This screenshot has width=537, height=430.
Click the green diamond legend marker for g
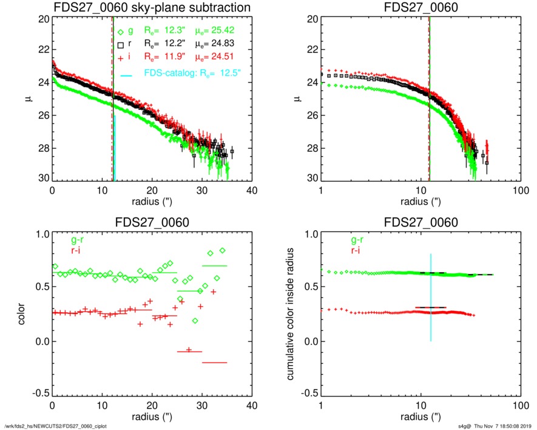point(121,32)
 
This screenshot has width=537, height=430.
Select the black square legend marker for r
point(121,44)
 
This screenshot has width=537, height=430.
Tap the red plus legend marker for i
point(121,58)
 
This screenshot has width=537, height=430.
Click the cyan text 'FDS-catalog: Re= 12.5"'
point(193,74)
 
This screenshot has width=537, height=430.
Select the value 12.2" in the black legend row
point(169,44)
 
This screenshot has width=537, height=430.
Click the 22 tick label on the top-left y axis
point(42,50)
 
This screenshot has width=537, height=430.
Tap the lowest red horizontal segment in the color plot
point(214,363)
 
